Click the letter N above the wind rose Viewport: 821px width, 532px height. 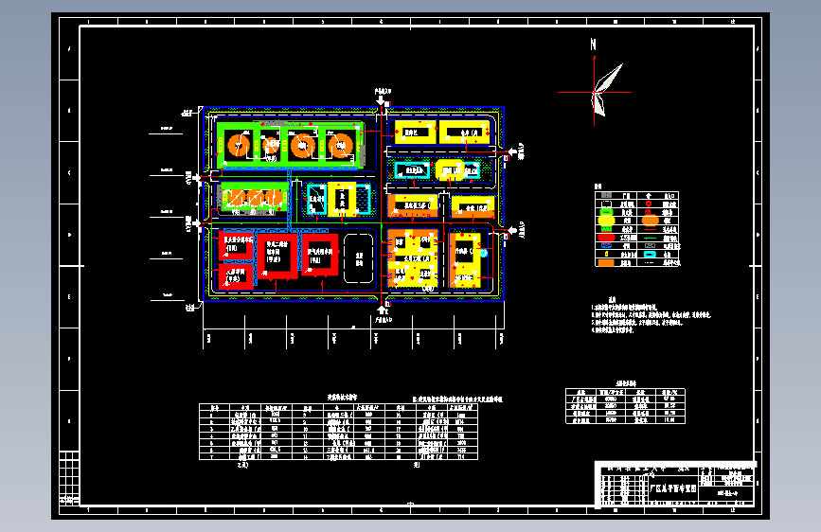pyautogui.click(x=593, y=44)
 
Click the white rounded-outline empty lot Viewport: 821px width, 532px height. pyautogui.click(x=358, y=256)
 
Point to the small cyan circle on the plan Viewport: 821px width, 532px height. pyautogui.click(x=483, y=253)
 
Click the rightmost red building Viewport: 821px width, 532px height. pyautogui.click(x=323, y=255)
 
